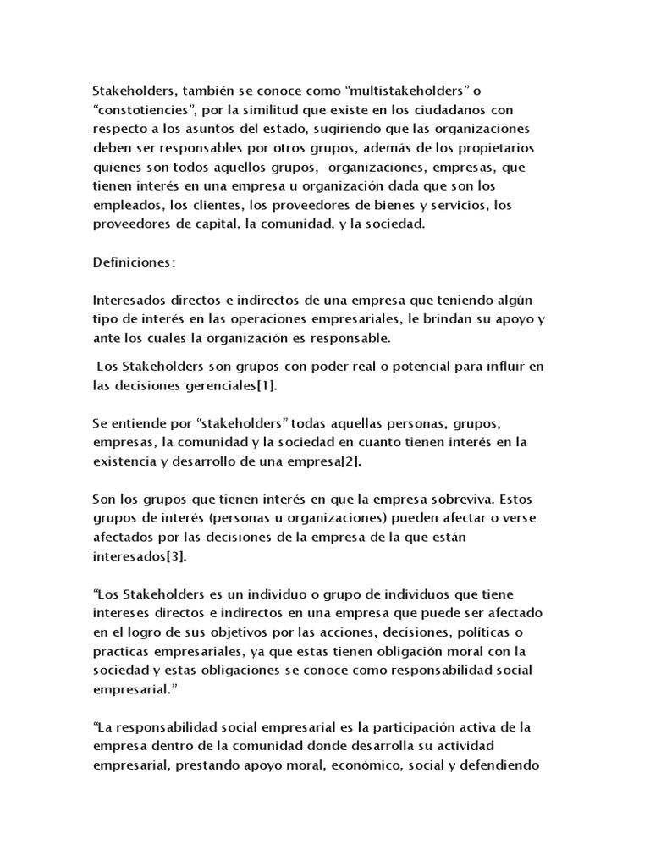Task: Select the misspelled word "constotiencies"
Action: (x=143, y=110)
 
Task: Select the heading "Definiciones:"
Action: (x=134, y=262)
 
